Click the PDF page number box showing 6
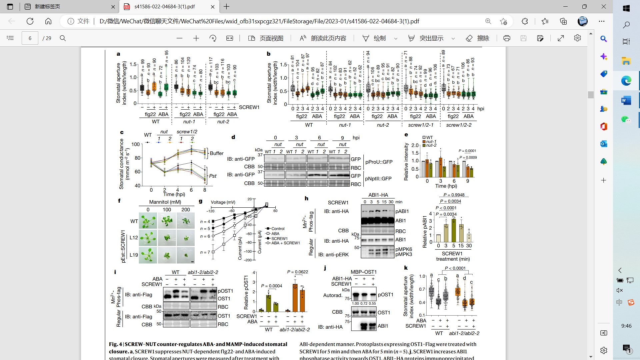(30, 38)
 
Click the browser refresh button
(30, 21)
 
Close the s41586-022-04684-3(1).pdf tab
(213, 7)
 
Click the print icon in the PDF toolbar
(507, 38)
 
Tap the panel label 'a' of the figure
(118, 54)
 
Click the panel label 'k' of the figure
(406, 268)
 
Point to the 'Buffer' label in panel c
(217, 153)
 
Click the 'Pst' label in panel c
(213, 176)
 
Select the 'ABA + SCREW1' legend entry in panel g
(285, 243)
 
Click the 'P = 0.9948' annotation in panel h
(454, 195)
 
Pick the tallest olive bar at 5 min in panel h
(453, 230)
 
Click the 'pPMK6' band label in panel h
(404, 249)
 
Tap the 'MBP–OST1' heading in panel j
(363, 272)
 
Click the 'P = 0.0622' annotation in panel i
(297, 272)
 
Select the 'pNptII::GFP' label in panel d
(378, 179)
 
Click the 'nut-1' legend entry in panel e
(431, 141)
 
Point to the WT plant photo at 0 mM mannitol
(148, 221)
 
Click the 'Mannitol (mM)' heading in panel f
(165, 202)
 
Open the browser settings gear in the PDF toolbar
(577, 38)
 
